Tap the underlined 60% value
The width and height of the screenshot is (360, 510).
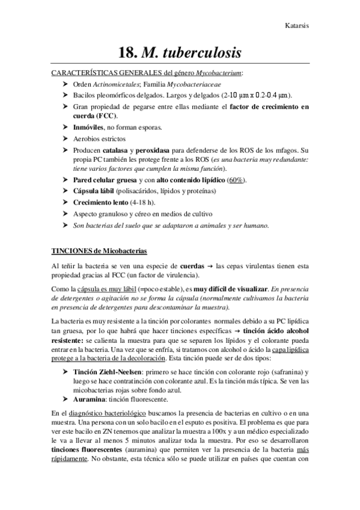237,180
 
